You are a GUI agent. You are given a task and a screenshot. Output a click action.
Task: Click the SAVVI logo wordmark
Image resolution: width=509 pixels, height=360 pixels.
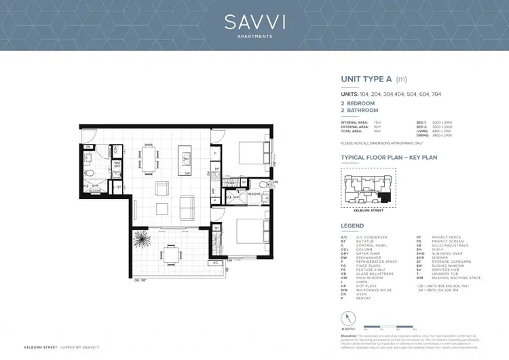tap(254, 22)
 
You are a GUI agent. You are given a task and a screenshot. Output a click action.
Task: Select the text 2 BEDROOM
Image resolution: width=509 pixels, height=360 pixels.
tap(358, 103)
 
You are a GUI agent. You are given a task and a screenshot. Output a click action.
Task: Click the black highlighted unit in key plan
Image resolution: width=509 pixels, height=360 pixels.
tap(385, 198)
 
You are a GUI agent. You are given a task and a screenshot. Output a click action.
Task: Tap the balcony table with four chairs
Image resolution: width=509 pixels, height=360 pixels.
tap(171, 255)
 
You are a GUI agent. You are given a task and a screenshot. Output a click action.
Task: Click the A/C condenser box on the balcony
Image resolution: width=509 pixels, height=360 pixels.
tap(215, 262)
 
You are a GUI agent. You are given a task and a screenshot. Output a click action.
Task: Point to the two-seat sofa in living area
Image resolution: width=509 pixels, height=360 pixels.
tap(185, 204)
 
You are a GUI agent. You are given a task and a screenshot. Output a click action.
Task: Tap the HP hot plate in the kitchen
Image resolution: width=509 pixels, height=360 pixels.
tap(216, 169)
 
